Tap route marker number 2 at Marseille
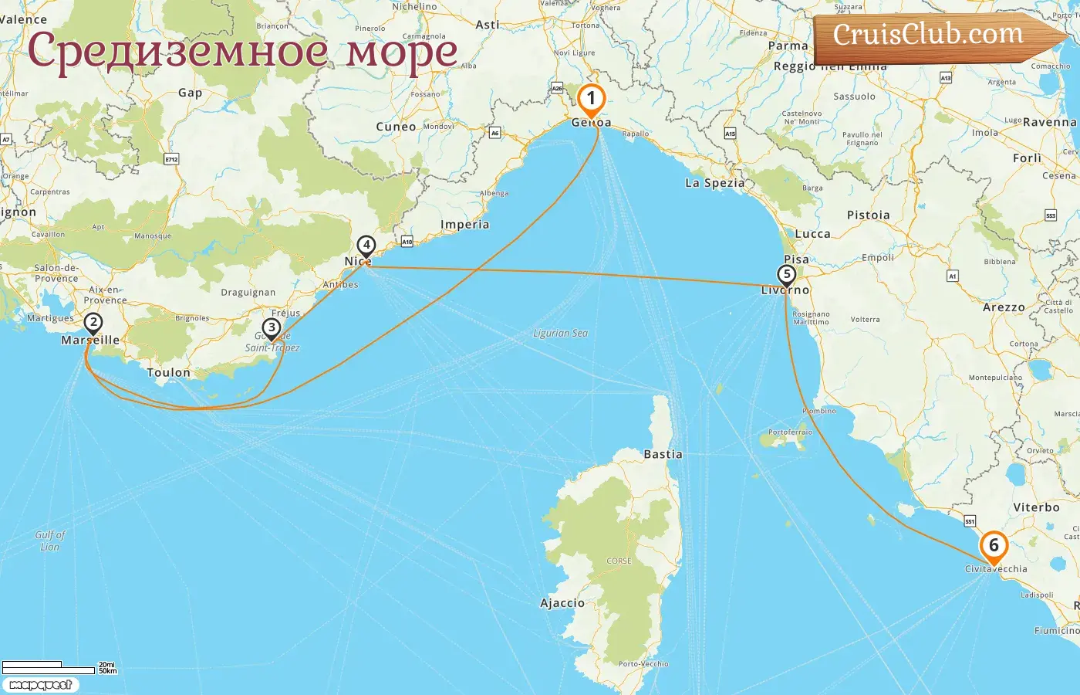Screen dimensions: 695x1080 93,323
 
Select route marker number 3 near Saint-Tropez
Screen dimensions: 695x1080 272,328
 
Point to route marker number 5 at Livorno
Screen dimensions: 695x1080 786,275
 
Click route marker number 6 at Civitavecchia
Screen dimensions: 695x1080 994,546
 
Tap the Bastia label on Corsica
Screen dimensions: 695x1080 663,455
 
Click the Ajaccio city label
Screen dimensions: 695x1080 562,603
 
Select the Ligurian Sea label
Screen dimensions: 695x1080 560,334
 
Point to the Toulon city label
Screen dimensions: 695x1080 168,373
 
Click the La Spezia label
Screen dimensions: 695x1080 715,183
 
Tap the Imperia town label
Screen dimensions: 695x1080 464,225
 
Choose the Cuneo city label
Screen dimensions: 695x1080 396,127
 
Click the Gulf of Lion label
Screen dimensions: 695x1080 50,541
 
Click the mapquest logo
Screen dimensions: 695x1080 40,685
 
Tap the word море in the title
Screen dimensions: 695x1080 401,52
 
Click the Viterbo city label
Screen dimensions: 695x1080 1036,507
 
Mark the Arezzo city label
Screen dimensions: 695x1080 1004,307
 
